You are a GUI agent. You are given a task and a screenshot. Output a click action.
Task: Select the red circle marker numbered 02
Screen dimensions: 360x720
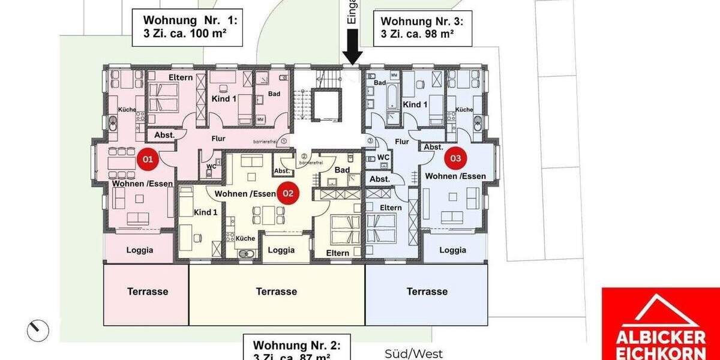288,193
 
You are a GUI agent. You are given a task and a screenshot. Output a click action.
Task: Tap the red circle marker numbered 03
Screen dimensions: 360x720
455,158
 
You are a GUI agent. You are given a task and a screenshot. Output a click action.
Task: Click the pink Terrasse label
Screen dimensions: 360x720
148,292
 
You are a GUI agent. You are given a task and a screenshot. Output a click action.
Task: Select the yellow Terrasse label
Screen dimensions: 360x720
276,292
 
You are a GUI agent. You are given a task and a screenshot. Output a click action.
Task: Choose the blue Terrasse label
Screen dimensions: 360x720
427,292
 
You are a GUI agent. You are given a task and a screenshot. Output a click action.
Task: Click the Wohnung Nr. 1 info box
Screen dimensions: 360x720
187,28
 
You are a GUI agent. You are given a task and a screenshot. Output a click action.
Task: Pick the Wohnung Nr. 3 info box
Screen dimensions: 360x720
422,28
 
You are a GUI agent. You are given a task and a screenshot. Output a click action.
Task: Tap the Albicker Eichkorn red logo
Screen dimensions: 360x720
660,324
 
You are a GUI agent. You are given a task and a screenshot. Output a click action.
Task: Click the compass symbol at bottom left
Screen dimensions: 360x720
37,329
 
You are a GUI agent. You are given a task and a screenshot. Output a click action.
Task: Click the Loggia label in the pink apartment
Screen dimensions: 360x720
139,250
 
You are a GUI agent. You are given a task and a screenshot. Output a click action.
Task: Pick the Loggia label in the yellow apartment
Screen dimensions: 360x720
280,250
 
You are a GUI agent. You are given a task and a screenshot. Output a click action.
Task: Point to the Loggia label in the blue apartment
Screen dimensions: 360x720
453,250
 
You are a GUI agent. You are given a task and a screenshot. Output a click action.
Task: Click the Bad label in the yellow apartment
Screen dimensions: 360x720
342,170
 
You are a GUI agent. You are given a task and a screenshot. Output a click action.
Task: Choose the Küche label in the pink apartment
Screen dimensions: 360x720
127,109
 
